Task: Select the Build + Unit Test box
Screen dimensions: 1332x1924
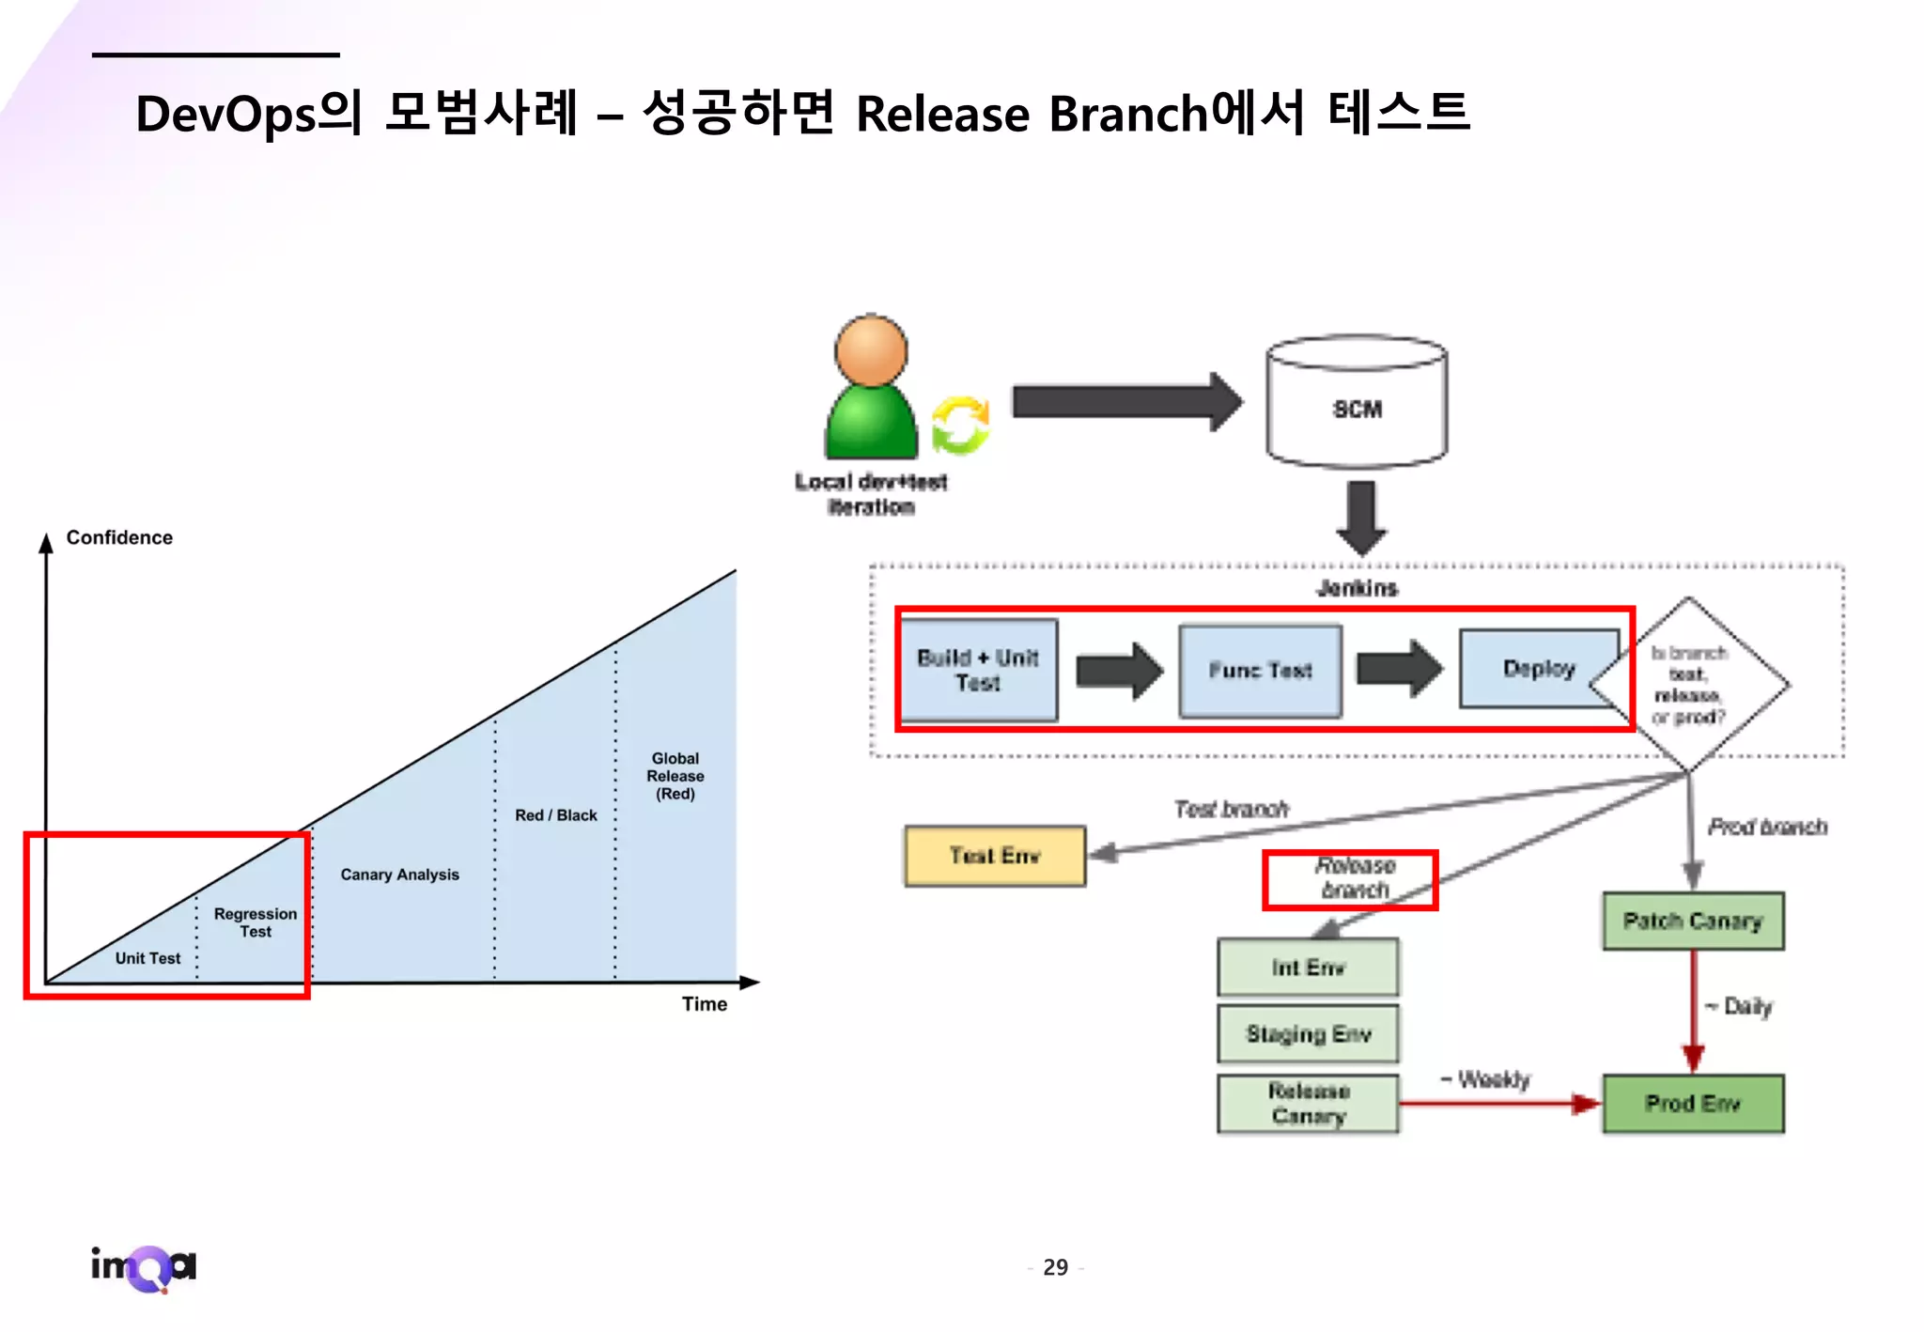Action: coord(977,670)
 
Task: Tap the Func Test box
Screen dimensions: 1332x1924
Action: coord(1260,671)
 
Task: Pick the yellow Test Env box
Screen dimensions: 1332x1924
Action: coord(994,856)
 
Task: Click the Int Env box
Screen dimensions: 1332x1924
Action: coord(1308,968)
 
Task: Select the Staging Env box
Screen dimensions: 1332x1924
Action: coord(1308,1033)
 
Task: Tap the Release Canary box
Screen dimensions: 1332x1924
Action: coord(1308,1104)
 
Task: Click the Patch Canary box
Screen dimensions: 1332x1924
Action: coord(1692,921)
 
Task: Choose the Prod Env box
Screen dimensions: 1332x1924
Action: coord(1692,1104)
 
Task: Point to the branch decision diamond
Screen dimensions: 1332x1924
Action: coord(1689,685)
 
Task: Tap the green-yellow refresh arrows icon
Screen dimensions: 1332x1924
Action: coord(959,426)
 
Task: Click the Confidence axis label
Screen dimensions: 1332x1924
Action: coord(119,537)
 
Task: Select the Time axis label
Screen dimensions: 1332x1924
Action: coord(704,1004)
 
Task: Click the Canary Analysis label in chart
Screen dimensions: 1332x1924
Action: coord(399,875)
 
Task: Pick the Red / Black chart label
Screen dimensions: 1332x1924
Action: coord(555,815)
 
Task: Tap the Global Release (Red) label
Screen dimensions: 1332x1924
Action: coord(675,776)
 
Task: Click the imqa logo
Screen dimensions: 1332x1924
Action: coord(144,1268)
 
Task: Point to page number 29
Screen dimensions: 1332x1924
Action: coord(1055,1268)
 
